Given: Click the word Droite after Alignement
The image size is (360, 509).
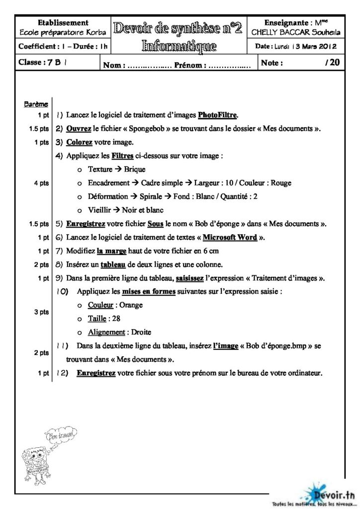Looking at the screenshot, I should pos(141,332).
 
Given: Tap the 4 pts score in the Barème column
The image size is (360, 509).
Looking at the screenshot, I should pos(41,183).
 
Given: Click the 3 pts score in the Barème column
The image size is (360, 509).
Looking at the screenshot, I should pos(41,312).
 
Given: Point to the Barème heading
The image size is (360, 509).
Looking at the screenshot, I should pos(36,104).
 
